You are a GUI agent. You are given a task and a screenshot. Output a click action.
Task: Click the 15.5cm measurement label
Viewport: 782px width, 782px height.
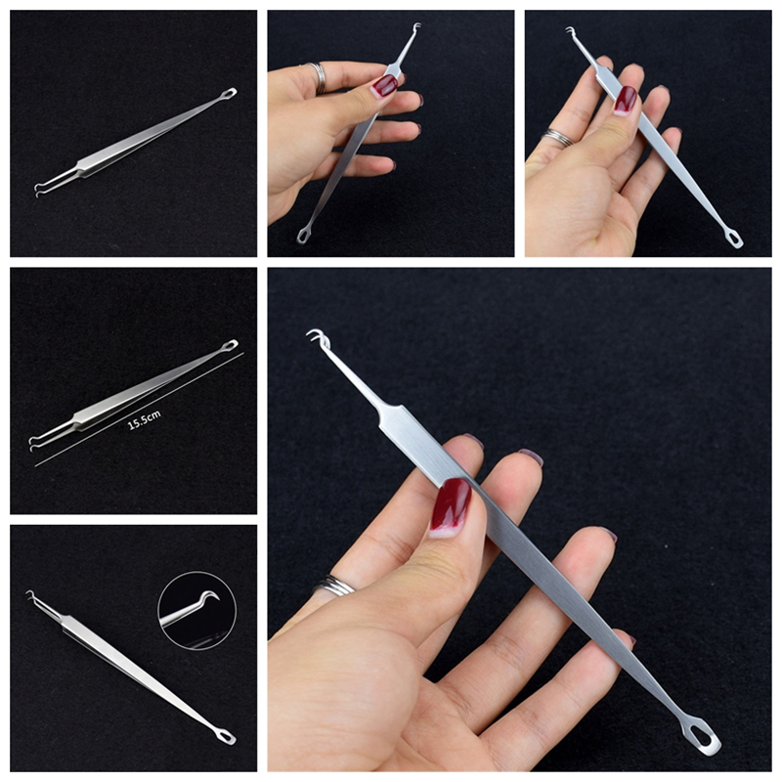[x=145, y=420]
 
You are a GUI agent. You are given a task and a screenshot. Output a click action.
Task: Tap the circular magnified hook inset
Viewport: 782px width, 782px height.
[x=197, y=610]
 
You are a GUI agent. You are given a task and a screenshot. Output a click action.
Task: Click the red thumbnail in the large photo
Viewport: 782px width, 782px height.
[x=450, y=506]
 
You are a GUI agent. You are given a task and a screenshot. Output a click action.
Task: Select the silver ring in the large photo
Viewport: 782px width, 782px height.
[x=334, y=585]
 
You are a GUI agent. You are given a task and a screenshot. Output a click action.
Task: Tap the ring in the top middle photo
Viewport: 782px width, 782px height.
[x=320, y=78]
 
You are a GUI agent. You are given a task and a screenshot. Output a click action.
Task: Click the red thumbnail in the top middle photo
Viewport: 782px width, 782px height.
[x=385, y=85]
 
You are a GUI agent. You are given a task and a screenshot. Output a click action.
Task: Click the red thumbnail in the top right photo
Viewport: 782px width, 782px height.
[x=626, y=100]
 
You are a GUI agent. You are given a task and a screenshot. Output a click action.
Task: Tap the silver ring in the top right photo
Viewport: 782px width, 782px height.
[x=558, y=137]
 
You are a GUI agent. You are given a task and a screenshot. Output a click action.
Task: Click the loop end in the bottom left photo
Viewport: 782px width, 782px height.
[x=228, y=737]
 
